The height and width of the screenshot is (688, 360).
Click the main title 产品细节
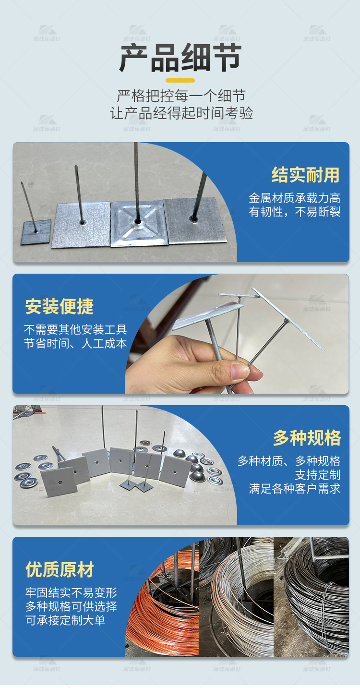[x=180, y=58]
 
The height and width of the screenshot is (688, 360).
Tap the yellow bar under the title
[x=180, y=80]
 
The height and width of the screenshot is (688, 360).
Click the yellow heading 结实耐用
[x=305, y=175]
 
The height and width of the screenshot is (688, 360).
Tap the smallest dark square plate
[x=36, y=232]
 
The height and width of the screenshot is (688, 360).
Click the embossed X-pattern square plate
[x=139, y=223]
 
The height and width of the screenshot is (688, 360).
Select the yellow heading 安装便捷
[x=60, y=307]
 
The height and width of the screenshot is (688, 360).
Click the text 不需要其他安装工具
[x=75, y=330]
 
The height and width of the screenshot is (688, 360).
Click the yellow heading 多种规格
[x=307, y=438]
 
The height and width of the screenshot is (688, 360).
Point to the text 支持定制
[x=317, y=475]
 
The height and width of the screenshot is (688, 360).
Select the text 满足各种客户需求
[x=295, y=489]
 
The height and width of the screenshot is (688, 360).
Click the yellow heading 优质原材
[x=60, y=570]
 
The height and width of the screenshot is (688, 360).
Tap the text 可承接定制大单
[x=65, y=620]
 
